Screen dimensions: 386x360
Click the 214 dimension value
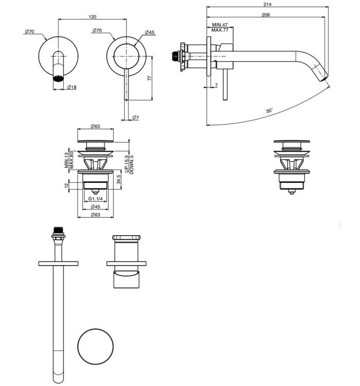(266, 4)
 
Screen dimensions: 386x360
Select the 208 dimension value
(266, 15)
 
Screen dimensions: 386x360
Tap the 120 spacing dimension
(93, 16)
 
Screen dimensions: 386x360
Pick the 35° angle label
(269, 111)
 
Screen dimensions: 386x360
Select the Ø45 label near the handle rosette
(150, 32)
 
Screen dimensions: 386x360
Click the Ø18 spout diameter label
(71, 87)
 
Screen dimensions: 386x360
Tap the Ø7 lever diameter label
(135, 118)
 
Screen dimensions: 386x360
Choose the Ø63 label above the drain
(95, 126)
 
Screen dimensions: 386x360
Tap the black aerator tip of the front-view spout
(59, 79)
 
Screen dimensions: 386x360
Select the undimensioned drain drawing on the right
(291, 164)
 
